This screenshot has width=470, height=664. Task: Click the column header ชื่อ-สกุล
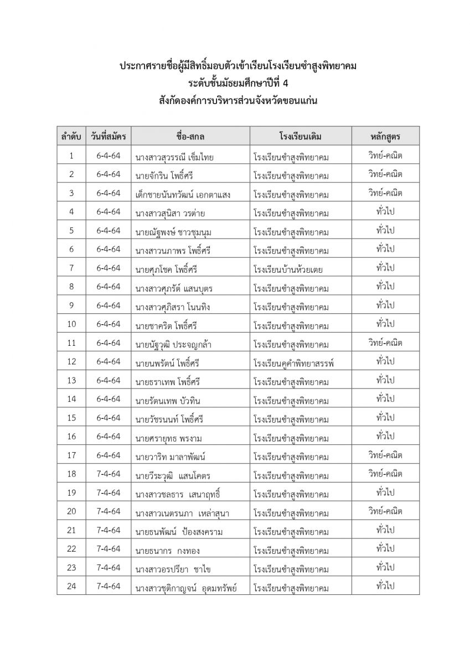[190, 136]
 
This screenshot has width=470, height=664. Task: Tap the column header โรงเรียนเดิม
[301, 136]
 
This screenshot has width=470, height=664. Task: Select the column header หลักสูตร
[385, 136]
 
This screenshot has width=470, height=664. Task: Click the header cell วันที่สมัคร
[109, 136]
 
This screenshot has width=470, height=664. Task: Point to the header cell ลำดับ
[71, 136]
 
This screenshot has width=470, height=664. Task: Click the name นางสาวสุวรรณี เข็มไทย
[174, 157]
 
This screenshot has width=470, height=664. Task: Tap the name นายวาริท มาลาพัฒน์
[171, 457]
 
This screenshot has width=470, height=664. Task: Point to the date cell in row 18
[109, 474]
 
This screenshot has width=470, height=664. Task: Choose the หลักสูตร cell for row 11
[385, 343]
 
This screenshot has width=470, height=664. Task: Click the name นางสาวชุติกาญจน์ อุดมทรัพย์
[186, 588]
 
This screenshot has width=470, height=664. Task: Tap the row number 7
[71, 268]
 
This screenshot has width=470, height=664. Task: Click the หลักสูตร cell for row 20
[385, 511]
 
